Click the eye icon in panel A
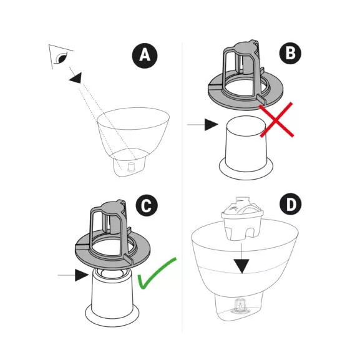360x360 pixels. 62,57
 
